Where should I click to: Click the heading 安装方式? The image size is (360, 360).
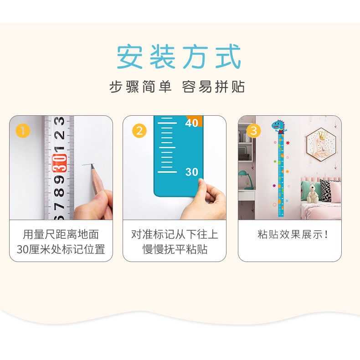point(179,57)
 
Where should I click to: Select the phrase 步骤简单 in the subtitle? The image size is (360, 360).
point(140,87)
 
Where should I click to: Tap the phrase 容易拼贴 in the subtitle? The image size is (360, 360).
point(213,87)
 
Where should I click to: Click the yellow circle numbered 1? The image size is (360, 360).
point(22,131)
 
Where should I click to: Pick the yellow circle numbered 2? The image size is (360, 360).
point(139,131)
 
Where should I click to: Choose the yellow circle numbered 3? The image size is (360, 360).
point(254,131)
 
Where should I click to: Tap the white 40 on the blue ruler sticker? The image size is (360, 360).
point(192,123)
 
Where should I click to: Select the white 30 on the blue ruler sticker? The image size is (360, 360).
point(192,172)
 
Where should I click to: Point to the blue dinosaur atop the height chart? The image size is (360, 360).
point(278,126)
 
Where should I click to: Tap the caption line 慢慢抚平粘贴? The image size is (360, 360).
point(175,249)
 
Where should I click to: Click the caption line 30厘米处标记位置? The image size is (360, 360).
point(61,249)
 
